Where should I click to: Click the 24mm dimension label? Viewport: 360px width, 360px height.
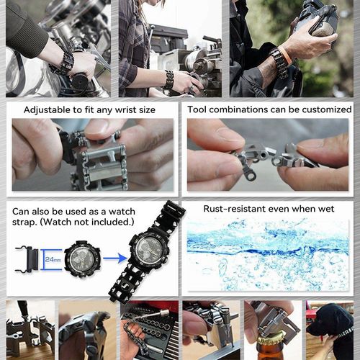tap(53, 256)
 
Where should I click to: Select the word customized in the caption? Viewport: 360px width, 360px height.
tap(321, 110)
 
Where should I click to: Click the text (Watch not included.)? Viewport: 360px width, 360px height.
tap(90, 222)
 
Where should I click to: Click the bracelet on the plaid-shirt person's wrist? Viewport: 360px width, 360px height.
tap(168, 79)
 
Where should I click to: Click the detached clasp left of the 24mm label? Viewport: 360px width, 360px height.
tap(27, 257)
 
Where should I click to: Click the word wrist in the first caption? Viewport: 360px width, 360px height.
tap(129, 110)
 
